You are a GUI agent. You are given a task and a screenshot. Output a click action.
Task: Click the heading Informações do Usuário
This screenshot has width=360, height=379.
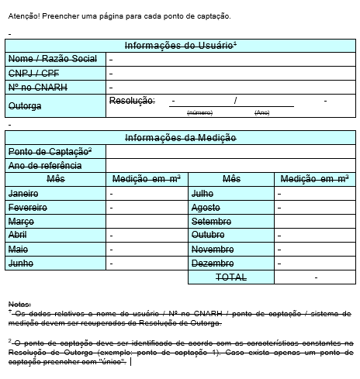tap(180, 46)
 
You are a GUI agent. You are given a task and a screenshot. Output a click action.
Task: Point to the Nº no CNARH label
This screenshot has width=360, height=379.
tap(37, 87)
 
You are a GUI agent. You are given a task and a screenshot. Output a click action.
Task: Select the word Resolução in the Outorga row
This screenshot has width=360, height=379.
tap(132, 101)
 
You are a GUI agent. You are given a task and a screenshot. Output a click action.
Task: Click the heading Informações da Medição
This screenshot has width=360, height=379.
tap(180, 138)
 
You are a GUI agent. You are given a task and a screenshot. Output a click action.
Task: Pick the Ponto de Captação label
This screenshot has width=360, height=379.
tap(50, 151)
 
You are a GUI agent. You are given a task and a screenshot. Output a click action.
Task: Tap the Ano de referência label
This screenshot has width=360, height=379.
tap(45, 165)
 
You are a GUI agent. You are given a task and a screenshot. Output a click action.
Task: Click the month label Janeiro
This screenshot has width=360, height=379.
tap(23, 193)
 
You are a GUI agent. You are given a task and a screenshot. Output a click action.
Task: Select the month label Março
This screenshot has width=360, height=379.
tap(21, 222)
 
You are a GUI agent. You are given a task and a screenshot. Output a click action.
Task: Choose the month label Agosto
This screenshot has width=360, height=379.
tap(206, 208)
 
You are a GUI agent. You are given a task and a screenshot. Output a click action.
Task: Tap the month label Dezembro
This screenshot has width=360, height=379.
tap(213, 264)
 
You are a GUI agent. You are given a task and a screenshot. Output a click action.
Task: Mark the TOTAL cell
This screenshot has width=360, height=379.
tap(230, 277)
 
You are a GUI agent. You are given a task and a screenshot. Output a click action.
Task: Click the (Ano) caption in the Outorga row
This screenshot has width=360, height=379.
tap(262, 113)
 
